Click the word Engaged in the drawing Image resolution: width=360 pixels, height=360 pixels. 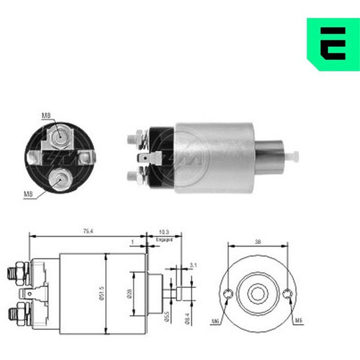click(x=164, y=239)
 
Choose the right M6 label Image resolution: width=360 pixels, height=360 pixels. click(x=298, y=321)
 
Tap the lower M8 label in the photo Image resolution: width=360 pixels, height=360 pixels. click(x=29, y=194)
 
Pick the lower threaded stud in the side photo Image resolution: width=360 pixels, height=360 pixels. click(x=133, y=176)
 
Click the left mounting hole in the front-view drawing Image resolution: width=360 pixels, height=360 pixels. click(x=228, y=293)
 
